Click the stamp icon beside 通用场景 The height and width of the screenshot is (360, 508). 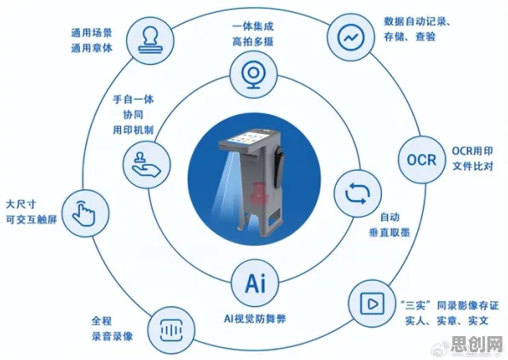tap(150, 41)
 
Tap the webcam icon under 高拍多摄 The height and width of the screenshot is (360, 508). tap(254, 74)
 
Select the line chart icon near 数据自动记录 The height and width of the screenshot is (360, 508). tap(351, 38)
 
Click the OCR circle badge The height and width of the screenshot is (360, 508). tap(421, 160)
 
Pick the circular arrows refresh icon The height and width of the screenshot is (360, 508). tap(357, 194)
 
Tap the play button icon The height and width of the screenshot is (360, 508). tap(372, 304)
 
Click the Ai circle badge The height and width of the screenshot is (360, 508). tap(255, 283)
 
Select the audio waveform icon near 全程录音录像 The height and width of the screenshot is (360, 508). tap(171, 330)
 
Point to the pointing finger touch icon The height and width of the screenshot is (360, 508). tap(84, 213)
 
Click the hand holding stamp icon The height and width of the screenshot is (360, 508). tap(146, 165)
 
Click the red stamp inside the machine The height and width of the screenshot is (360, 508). tap(259, 193)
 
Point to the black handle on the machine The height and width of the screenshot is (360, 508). tap(279, 165)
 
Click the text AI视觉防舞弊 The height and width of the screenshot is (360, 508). tap(255, 319)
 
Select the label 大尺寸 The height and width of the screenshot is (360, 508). tap(20, 205)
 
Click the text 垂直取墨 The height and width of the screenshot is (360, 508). tap(390, 232)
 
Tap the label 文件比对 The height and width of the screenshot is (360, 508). tap(473, 166)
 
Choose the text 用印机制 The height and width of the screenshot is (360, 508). tap(133, 130)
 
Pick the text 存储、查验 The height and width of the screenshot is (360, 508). tap(410, 37)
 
